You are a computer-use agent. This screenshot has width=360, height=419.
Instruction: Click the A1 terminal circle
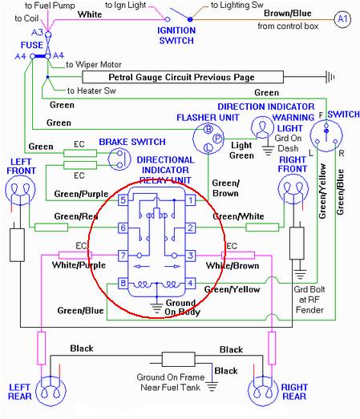pyautogui.click(x=342, y=19)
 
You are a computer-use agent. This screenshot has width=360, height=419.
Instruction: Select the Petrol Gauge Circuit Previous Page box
pyautogui.click(x=183, y=77)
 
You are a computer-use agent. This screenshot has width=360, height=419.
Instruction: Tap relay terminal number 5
pyautogui.click(x=123, y=200)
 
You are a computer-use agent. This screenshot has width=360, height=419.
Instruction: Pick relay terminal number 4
pyautogui.click(x=190, y=284)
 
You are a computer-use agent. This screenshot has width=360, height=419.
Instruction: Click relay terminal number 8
pyautogui.click(x=123, y=284)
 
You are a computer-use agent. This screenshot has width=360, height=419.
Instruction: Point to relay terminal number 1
pyautogui.click(x=190, y=200)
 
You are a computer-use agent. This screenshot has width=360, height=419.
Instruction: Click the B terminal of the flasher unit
pyautogui.click(x=208, y=130)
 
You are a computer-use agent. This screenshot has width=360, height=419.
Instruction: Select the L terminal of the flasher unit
pyautogui.click(x=208, y=147)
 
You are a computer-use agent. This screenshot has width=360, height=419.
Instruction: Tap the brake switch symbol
pyautogui.click(x=119, y=159)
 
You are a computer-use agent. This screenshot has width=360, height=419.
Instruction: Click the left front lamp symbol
pyautogui.click(x=20, y=190)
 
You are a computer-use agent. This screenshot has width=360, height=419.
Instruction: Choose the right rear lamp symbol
pyautogui.click(x=263, y=392)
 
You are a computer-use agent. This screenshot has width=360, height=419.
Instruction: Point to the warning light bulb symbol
pyautogui.click(x=263, y=127)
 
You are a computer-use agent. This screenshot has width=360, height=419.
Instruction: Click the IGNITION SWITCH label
pyautogui.click(x=176, y=35)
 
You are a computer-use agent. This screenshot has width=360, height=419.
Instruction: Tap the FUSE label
pyautogui.click(x=32, y=45)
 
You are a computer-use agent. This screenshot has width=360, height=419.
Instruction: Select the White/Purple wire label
pyautogui.click(x=79, y=265)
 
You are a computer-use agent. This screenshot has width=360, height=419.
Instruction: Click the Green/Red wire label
pyautogui.click(x=76, y=216)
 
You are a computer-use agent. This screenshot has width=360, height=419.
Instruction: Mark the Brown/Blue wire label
pyautogui.click(x=288, y=13)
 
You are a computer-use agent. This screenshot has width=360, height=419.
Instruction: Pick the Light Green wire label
pyautogui.click(x=241, y=150)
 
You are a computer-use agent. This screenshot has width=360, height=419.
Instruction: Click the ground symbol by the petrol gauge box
pyautogui.click(x=330, y=77)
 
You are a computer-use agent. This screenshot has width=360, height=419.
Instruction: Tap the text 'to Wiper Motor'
pyautogui.click(x=94, y=64)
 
